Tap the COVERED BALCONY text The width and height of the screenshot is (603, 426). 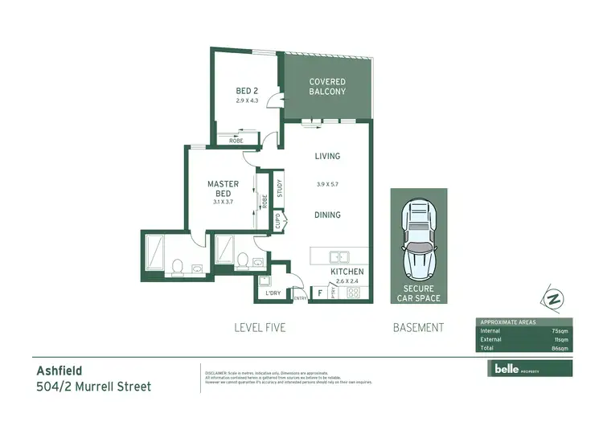328,87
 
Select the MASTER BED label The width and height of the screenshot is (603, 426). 223,189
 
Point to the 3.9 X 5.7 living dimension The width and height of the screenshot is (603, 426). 328,185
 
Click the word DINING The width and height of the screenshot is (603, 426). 328,215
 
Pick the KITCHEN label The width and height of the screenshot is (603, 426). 348,272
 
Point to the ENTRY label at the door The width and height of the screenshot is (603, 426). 300,298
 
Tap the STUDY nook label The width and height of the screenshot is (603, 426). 279,190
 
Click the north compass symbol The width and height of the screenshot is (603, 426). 552,299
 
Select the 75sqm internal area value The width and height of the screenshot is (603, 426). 560,330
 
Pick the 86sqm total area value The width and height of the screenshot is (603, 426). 560,348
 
